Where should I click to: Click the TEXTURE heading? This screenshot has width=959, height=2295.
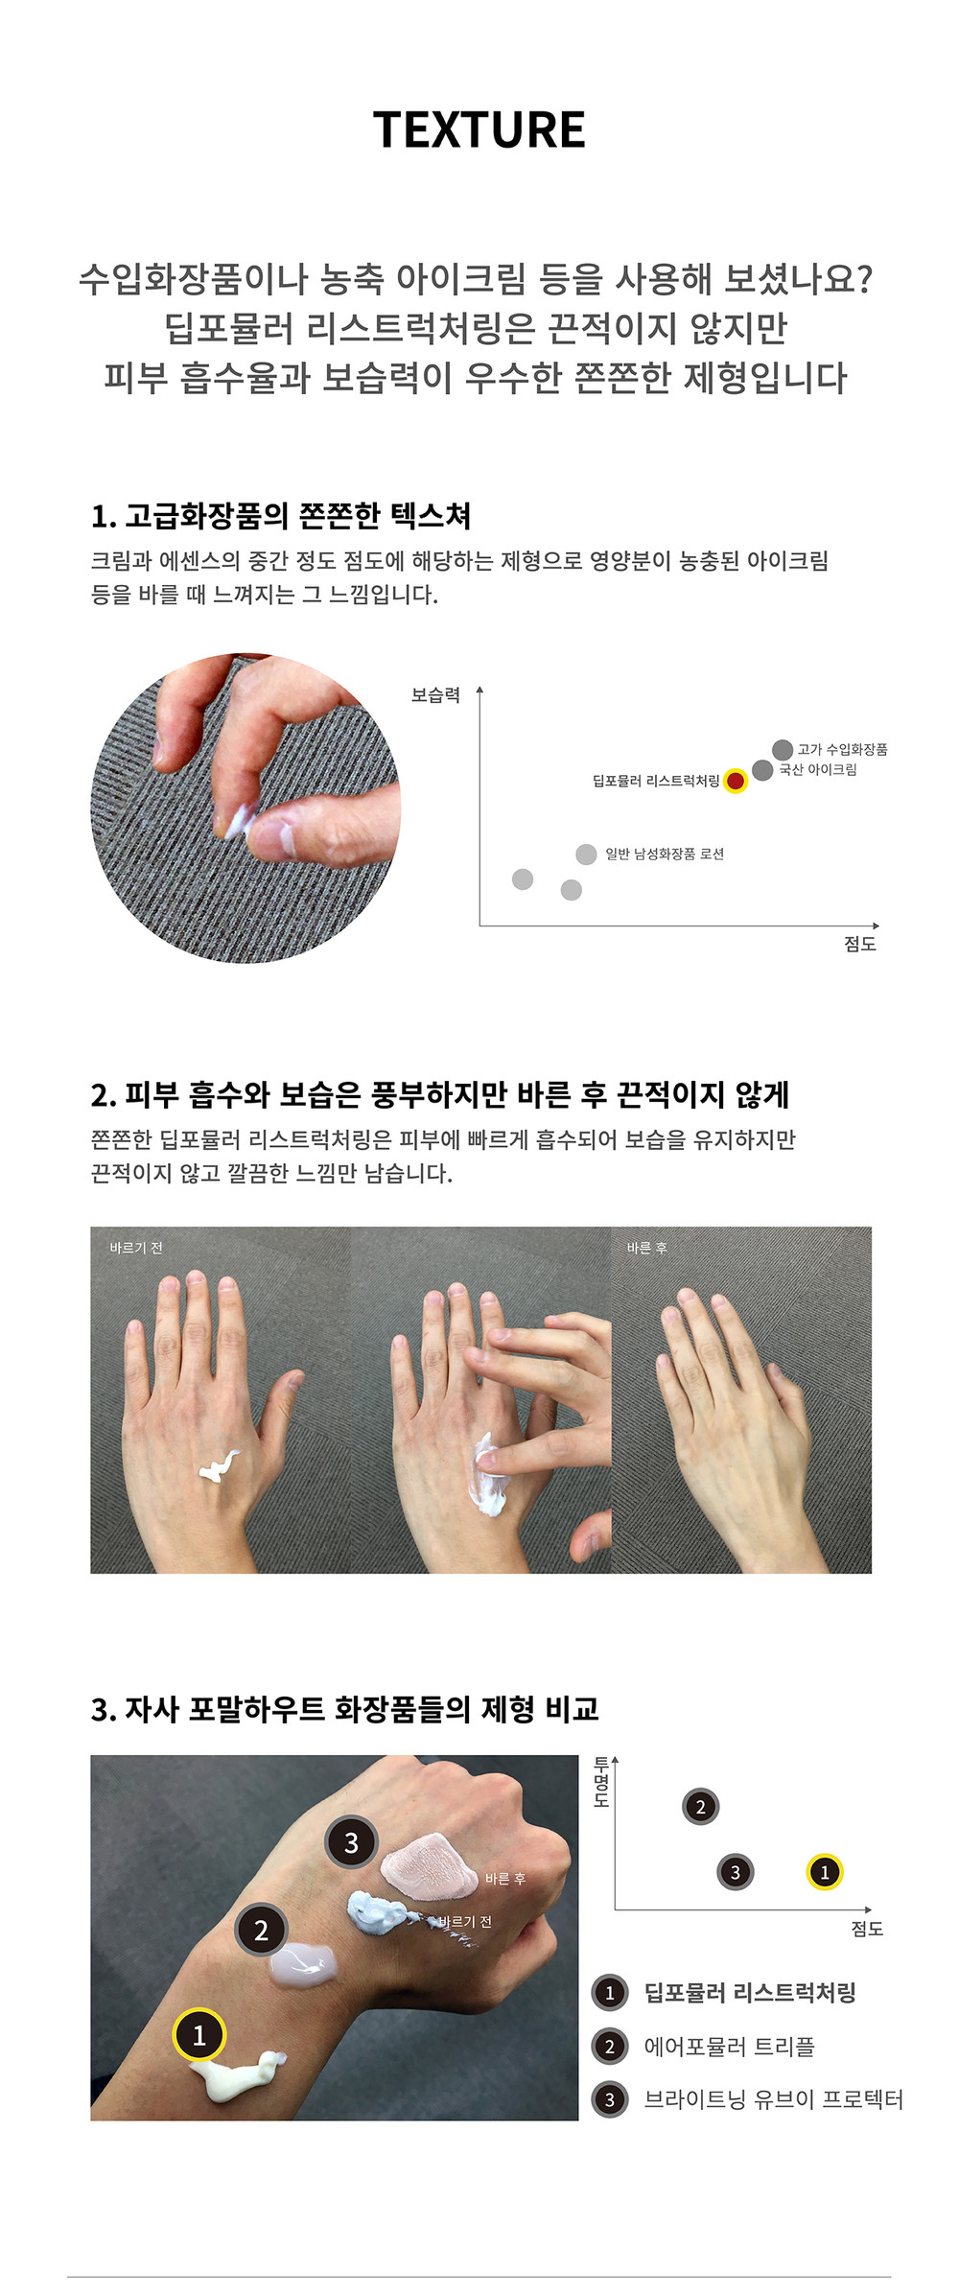tap(479, 129)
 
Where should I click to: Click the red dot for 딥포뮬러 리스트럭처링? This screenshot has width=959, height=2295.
tap(736, 781)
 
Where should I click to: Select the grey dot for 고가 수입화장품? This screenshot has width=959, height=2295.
tap(783, 749)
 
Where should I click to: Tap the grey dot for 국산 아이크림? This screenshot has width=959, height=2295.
tap(762, 770)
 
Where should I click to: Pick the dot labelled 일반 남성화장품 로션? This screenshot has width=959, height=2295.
tap(586, 854)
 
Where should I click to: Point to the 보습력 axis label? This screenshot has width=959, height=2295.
tap(435, 695)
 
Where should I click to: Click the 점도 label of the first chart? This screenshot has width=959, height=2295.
tap(860, 944)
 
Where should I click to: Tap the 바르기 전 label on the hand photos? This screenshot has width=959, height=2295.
tap(136, 1248)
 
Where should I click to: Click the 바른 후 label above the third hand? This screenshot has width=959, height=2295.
tap(646, 1248)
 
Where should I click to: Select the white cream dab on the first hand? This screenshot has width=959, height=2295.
tap(218, 1465)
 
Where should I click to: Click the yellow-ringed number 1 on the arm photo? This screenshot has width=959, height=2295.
tap(199, 2035)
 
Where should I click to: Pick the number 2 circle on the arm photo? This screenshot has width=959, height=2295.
tap(261, 1931)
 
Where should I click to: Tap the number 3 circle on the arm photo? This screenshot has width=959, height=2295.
tap(351, 1842)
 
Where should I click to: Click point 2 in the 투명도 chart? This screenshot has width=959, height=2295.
tap(700, 1807)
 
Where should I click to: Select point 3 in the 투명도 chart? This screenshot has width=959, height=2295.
tap(736, 1872)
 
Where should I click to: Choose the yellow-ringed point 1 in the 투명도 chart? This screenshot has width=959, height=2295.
tap(824, 1872)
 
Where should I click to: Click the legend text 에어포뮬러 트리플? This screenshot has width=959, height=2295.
tap(729, 2047)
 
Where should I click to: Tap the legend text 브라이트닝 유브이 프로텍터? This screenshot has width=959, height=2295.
tap(773, 2099)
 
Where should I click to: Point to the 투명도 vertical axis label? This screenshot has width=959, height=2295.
tap(601, 1782)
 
